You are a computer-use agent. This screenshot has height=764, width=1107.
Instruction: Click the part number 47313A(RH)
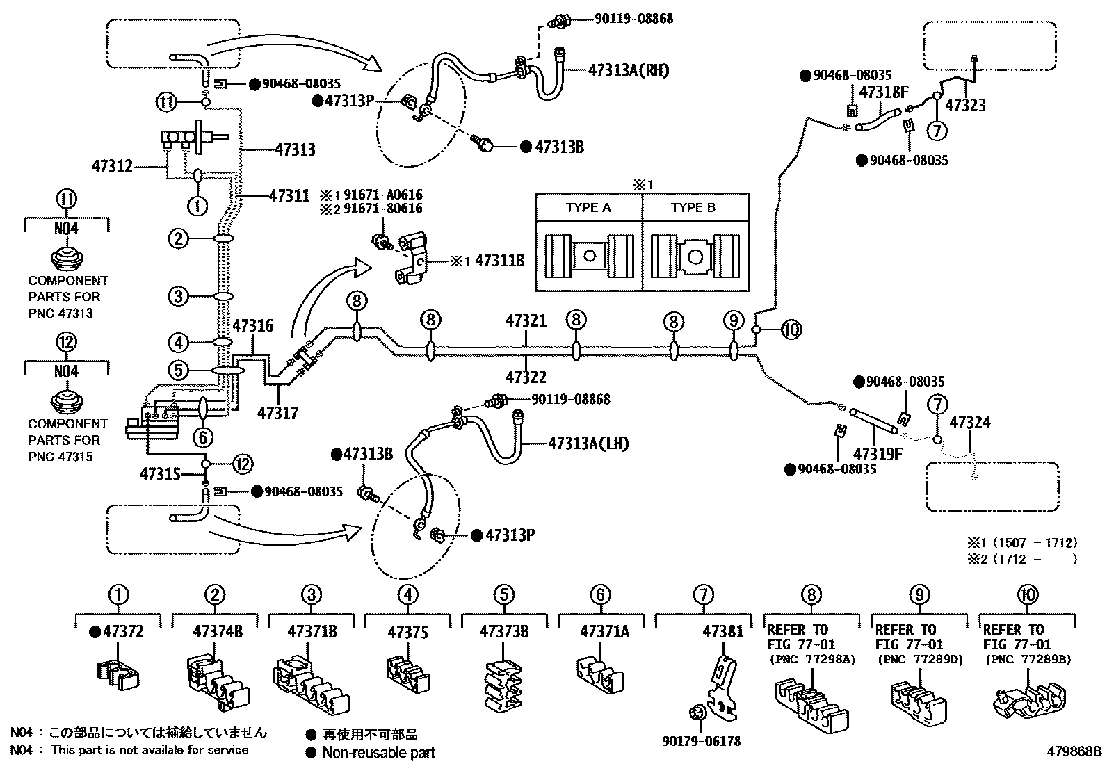tap(628, 70)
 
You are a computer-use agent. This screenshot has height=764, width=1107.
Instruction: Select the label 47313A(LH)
tap(588, 443)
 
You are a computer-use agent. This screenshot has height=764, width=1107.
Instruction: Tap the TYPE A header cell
tap(588, 208)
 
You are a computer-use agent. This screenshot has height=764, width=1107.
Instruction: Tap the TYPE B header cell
tap(693, 208)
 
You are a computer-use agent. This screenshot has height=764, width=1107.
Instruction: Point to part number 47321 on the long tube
tap(526, 321)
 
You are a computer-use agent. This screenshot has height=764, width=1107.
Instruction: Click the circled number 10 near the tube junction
tap(791, 330)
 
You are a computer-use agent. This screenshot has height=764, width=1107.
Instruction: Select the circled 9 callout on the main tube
tap(733, 320)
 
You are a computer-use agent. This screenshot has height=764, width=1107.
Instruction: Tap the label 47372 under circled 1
tap(122, 632)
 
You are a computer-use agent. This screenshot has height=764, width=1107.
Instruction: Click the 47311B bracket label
tap(499, 261)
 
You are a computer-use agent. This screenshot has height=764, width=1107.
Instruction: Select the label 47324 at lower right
tap(970, 423)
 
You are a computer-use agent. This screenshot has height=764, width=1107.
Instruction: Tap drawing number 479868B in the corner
tap(1076, 751)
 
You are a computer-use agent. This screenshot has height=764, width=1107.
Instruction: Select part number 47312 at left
tap(112, 166)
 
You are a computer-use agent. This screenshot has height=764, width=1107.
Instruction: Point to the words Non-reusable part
tap(378, 752)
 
